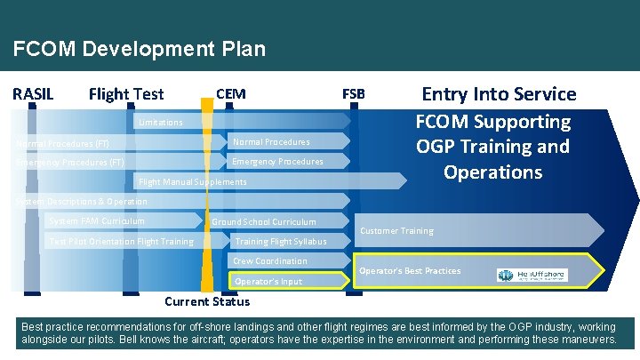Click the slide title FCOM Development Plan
(x=140, y=49)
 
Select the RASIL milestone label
(x=33, y=94)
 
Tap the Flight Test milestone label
(x=126, y=94)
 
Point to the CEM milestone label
(x=231, y=94)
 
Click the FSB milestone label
(x=353, y=94)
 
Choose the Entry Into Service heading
(x=499, y=94)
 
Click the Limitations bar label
(x=160, y=122)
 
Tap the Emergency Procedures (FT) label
(x=69, y=162)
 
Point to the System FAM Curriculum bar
(x=97, y=220)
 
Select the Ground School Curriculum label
(x=263, y=221)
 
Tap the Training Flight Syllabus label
(x=280, y=241)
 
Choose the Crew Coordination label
(x=269, y=261)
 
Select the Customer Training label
(x=396, y=231)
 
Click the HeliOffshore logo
(x=532, y=276)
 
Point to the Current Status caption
(x=208, y=301)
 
